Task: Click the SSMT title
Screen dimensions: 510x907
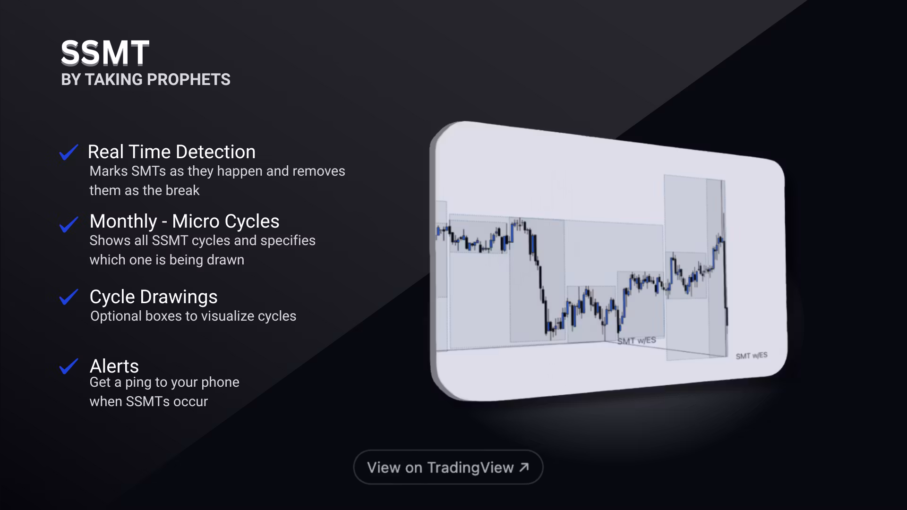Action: click(105, 52)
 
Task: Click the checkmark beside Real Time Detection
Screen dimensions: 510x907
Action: click(68, 152)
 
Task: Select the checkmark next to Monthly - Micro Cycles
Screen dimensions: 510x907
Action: click(68, 224)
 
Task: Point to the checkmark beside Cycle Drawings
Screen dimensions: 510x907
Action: click(68, 297)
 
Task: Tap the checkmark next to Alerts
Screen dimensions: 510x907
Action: click(68, 366)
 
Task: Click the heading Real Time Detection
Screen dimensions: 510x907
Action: click(171, 152)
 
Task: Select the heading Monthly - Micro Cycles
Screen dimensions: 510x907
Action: click(184, 221)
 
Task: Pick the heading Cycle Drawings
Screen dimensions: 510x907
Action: click(154, 297)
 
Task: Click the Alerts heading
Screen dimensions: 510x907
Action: click(114, 366)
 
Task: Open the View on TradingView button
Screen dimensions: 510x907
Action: click(448, 467)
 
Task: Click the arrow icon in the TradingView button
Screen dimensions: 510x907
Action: click(524, 467)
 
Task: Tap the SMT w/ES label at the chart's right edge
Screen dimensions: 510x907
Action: click(751, 356)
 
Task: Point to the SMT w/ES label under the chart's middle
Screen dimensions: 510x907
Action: click(636, 340)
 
